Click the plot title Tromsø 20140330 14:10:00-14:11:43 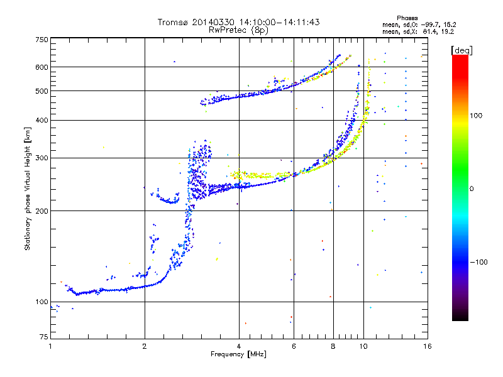(238, 22)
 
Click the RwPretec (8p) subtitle (238, 30)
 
